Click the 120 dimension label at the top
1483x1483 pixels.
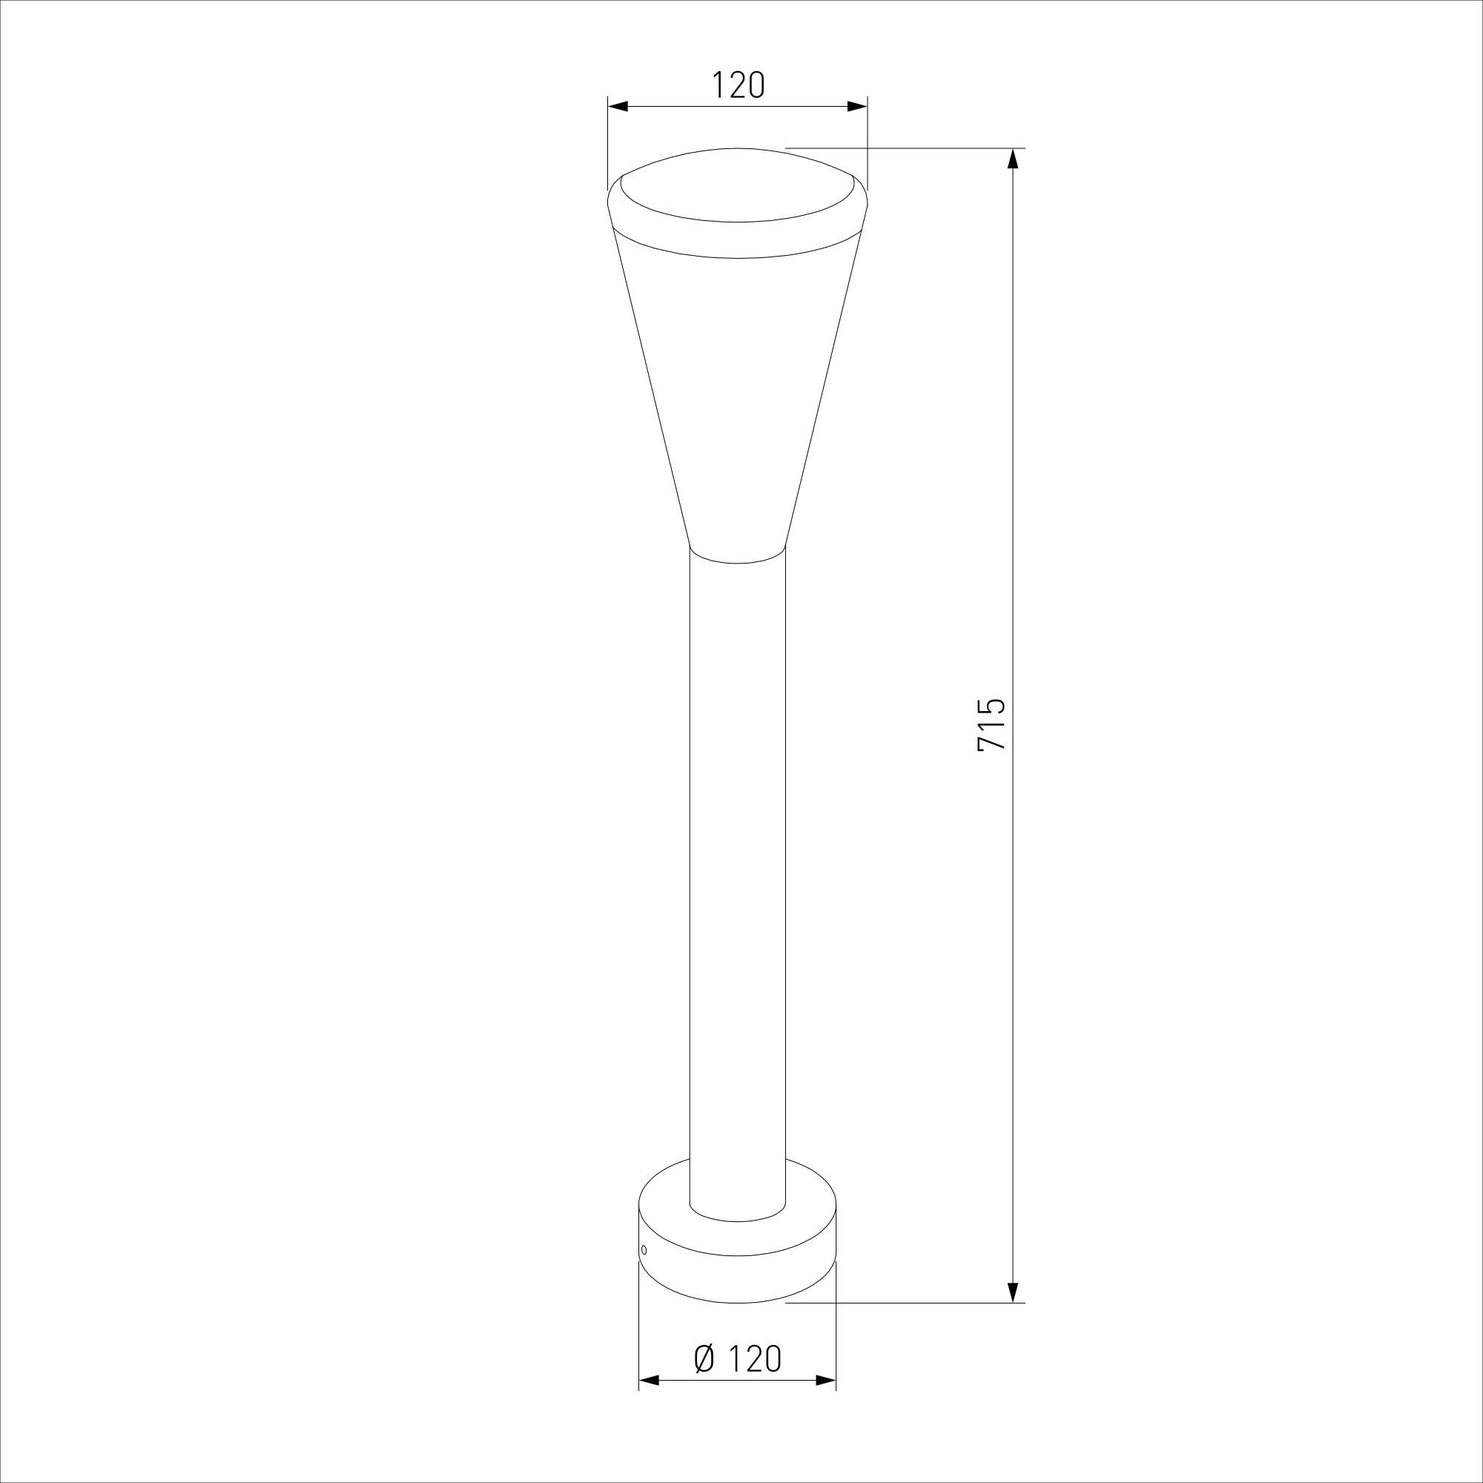click(738, 85)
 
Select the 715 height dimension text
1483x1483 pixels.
click(990, 724)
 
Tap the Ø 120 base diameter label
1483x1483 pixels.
click(738, 1358)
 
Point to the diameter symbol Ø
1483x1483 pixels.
click(704, 1358)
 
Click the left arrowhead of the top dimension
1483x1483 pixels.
click(618, 107)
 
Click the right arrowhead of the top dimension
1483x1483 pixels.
click(857, 107)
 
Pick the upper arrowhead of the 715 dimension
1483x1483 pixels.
click(1013, 159)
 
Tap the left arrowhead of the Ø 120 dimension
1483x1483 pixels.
click(650, 1402)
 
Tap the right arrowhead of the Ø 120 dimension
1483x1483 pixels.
click(825, 1402)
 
